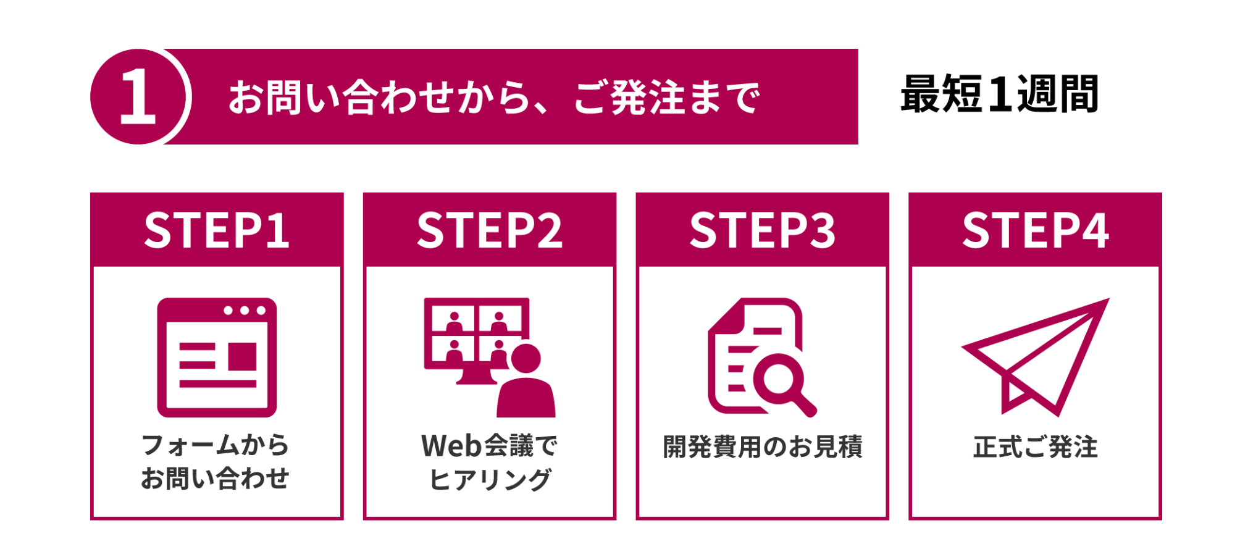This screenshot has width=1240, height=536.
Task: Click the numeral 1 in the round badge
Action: click(138, 96)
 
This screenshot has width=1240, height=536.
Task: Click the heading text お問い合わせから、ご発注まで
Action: click(493, 98)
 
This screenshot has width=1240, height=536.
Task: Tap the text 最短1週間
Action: click(999, 94)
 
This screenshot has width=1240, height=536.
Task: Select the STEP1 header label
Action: click(217, 230)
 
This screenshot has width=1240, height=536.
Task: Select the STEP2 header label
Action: click(490, 230)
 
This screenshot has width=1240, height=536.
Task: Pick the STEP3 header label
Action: click(763, 230)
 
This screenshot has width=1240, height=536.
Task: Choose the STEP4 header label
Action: click(1036, 230)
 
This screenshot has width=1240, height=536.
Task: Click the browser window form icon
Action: click(217, 358)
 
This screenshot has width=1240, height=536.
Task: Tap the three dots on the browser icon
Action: click(245, 311)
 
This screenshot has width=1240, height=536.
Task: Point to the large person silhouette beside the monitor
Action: click(526, 386)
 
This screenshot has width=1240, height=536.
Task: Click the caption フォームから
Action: click(216, 445)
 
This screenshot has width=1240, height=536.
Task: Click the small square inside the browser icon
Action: click(243, 356)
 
